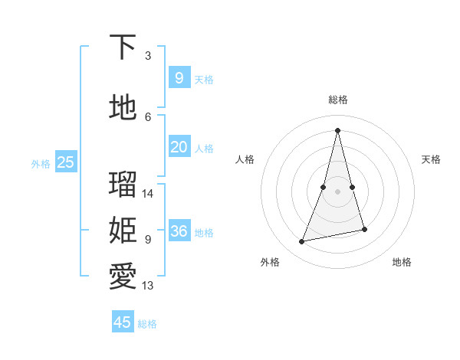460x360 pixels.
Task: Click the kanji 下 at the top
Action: tap(123, 47)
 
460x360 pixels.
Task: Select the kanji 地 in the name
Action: tap(123, 108)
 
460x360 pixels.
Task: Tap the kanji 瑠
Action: tap(123, 185)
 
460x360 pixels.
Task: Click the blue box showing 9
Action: tap(179, 77)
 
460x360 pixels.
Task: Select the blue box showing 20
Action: tap(179, 147)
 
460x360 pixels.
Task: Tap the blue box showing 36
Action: tap(179, 231)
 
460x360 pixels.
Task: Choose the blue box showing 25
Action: tap(65, 162)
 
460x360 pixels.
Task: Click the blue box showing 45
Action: tap(123, 322)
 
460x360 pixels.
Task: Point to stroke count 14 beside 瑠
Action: tap(149, 194)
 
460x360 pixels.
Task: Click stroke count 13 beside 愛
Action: tap(149, 286)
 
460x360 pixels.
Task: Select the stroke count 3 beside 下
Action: tap(148, 56)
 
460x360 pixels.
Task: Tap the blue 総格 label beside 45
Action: tap(147, 324)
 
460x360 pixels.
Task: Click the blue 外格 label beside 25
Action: tap(41, 163)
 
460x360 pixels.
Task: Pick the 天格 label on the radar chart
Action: tap(431, 159)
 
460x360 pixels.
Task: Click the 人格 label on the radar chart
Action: tap(245, 159)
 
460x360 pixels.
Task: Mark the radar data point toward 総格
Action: tap(337, 130)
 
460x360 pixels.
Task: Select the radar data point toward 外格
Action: tap(302, 242)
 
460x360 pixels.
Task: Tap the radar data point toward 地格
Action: tap(364, 229)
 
